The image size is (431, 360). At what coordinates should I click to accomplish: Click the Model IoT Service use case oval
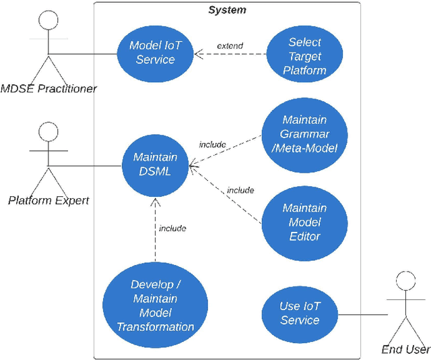(156, 52)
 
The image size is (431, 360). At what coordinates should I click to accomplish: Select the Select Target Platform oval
(304, 56)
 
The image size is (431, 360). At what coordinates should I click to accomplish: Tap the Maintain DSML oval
(156, 164)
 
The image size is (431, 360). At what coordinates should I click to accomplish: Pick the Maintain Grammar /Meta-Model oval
(304, 133)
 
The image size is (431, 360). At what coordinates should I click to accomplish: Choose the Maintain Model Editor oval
(304, 222)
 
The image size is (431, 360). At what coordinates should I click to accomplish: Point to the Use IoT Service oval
(300, 313)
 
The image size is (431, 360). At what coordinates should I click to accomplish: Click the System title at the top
(227, 10)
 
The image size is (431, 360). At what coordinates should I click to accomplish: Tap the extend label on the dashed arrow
(230, 46)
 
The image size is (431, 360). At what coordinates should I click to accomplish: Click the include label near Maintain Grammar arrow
(212, 144)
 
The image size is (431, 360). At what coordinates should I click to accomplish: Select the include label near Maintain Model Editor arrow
(240, 190)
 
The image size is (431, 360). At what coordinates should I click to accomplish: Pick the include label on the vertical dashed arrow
(172, 228)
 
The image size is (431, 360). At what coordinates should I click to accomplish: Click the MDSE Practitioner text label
(48, 88)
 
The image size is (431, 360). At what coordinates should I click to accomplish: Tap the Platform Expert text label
(48, 200)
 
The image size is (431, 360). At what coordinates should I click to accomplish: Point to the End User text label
(405, 349)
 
